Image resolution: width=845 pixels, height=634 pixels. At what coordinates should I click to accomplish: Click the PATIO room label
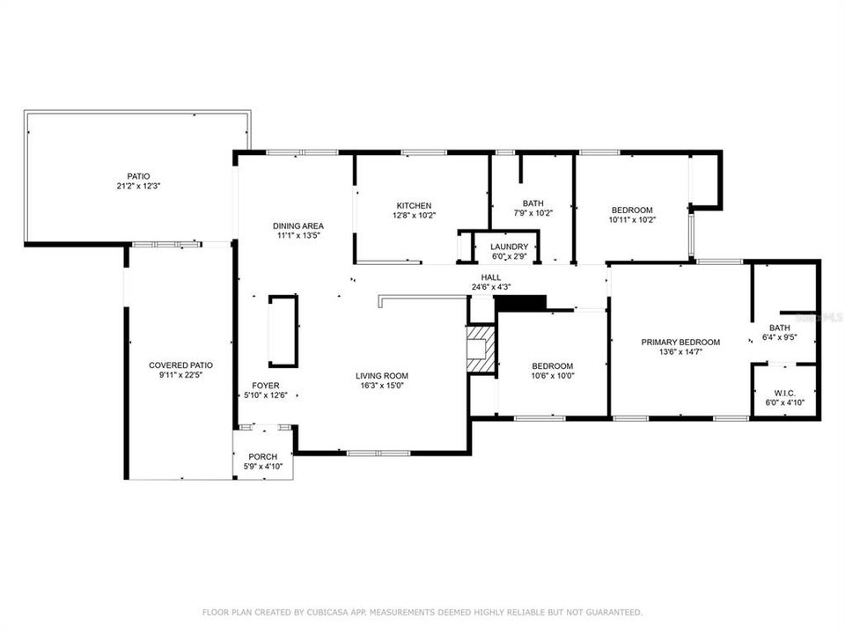pos(138,176)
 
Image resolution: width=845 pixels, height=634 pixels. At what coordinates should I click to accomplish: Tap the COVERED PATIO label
pos(180,365)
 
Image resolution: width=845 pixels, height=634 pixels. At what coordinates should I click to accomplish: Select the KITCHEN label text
pos(414,205)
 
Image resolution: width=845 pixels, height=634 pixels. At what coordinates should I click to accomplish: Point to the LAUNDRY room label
pos(510,247)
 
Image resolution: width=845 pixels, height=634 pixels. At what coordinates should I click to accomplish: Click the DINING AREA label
pos(298,226)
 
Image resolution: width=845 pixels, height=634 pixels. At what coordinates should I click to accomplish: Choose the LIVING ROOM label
pos(382,376)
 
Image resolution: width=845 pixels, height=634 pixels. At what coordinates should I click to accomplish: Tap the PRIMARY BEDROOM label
pos(680,342)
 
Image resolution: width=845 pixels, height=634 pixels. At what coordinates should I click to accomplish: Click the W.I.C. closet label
pos(784,393)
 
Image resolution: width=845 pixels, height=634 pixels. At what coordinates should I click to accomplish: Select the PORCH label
pos(263,457)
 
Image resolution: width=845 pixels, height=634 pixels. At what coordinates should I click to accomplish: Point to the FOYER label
pos(266,386)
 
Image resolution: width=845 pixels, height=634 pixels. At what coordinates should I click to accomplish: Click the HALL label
pos(491,277)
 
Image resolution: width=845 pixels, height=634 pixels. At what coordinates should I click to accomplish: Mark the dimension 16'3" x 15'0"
pos(382,386)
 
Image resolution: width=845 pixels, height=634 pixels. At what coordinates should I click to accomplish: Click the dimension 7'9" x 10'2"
pos(533,213)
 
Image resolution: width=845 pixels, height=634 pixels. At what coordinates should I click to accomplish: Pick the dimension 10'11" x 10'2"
pos(632,220)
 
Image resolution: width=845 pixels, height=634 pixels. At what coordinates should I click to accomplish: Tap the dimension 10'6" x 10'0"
pos(553,376)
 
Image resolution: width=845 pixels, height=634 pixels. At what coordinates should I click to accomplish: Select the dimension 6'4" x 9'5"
pos(780,337)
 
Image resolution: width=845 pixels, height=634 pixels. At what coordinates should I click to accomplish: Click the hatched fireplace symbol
pos(481,349)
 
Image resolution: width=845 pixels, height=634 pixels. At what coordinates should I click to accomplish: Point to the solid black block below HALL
pos(521,303)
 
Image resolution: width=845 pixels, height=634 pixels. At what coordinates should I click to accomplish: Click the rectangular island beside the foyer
pos(283,331)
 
